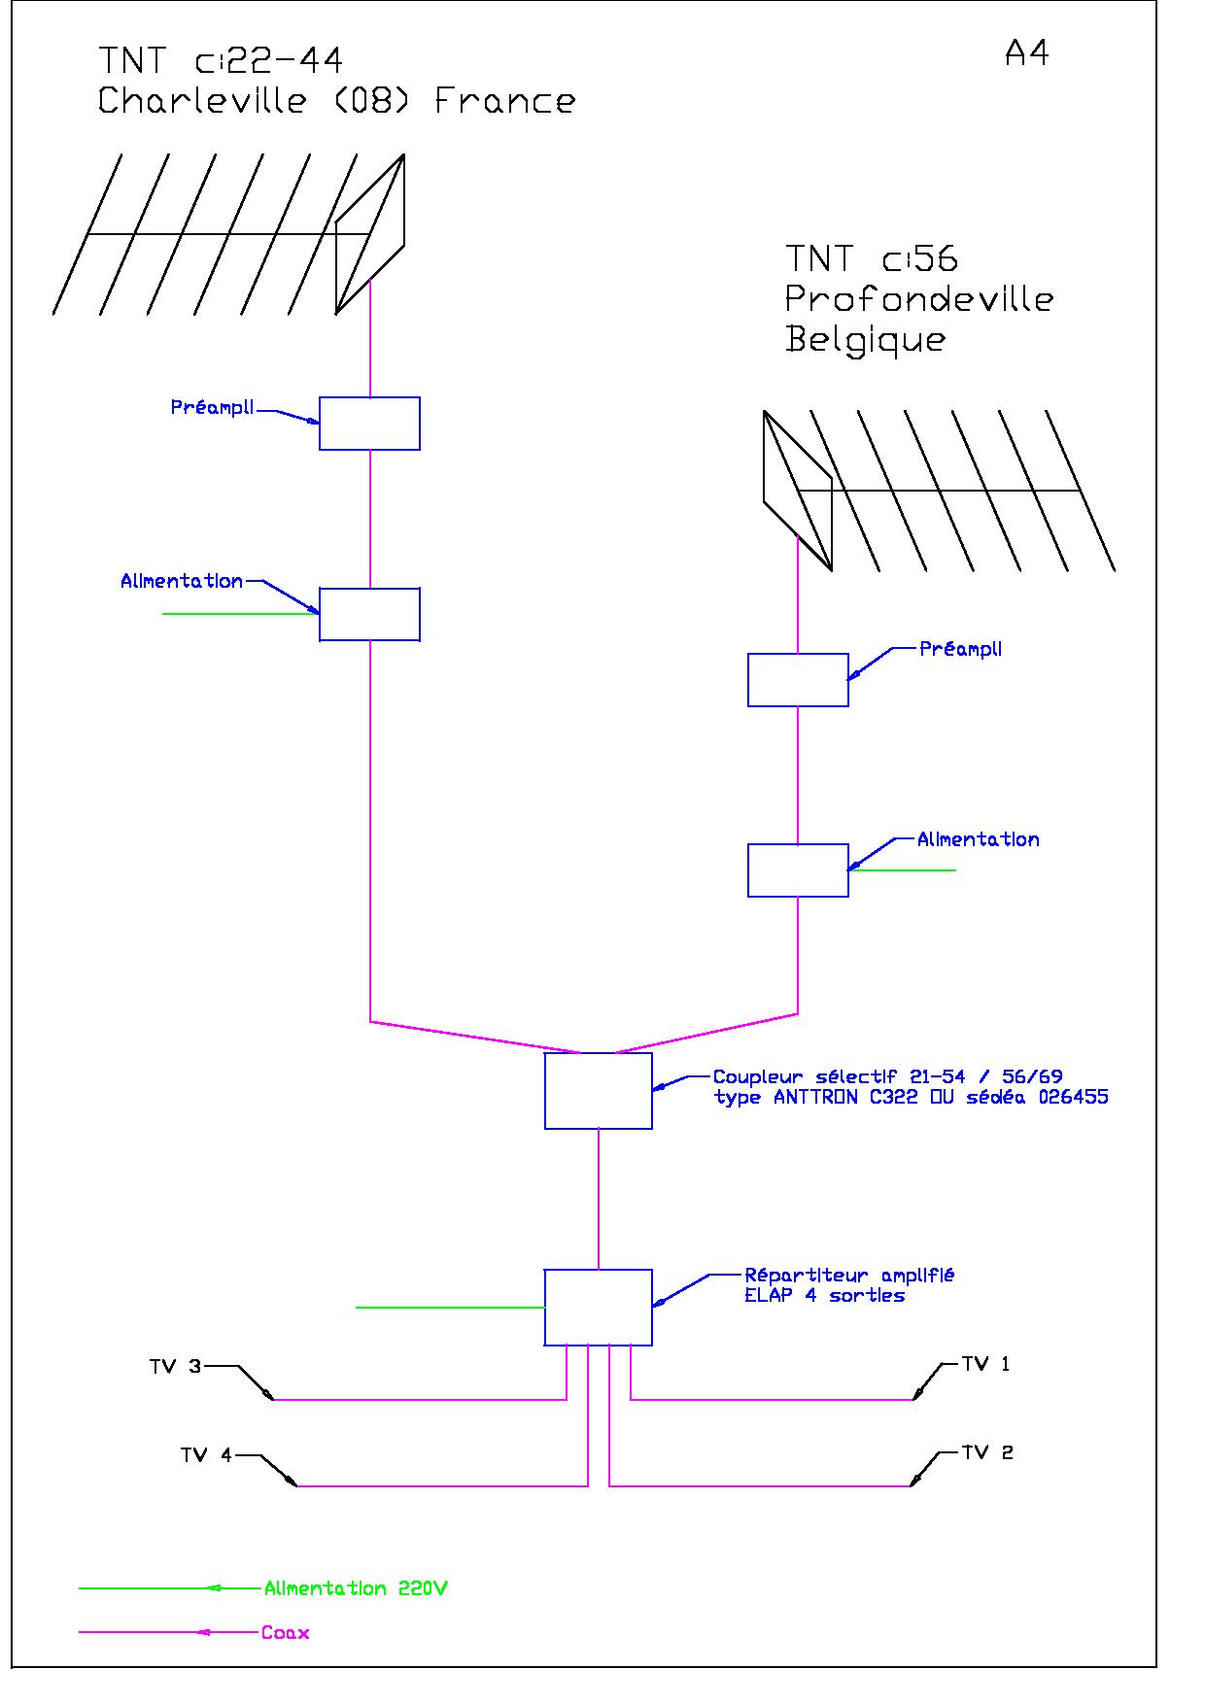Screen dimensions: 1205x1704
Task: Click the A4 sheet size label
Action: (1026, 53)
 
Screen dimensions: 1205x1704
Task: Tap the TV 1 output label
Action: (985, 1364)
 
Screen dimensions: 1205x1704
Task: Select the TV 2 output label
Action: (987, 1452)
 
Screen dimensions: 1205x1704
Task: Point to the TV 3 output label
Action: (175, 1367)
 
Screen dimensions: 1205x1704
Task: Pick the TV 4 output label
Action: (206, 1455)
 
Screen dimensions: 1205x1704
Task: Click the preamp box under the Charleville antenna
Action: (369, 424)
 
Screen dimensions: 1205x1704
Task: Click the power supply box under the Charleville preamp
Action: (369, 614)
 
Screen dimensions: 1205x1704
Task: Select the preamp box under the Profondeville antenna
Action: (798, 680)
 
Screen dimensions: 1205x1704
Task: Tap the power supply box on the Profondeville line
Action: (798, 870)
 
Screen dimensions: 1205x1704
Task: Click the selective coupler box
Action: (599, 1091)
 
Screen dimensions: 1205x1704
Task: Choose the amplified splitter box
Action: (599, 1308)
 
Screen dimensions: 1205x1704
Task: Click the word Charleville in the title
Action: (203, 101)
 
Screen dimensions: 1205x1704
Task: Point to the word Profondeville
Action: (919, 298)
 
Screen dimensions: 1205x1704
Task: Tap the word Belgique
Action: (865, 340)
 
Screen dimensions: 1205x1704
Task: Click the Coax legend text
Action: (285, 1633)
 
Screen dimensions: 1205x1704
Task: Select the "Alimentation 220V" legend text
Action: (356, 1589)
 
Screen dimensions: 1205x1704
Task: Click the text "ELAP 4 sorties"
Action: (825, 1296)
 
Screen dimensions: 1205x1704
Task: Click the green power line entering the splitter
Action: (450, 1308)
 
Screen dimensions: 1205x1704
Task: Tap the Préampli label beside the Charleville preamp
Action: (212, 408)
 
